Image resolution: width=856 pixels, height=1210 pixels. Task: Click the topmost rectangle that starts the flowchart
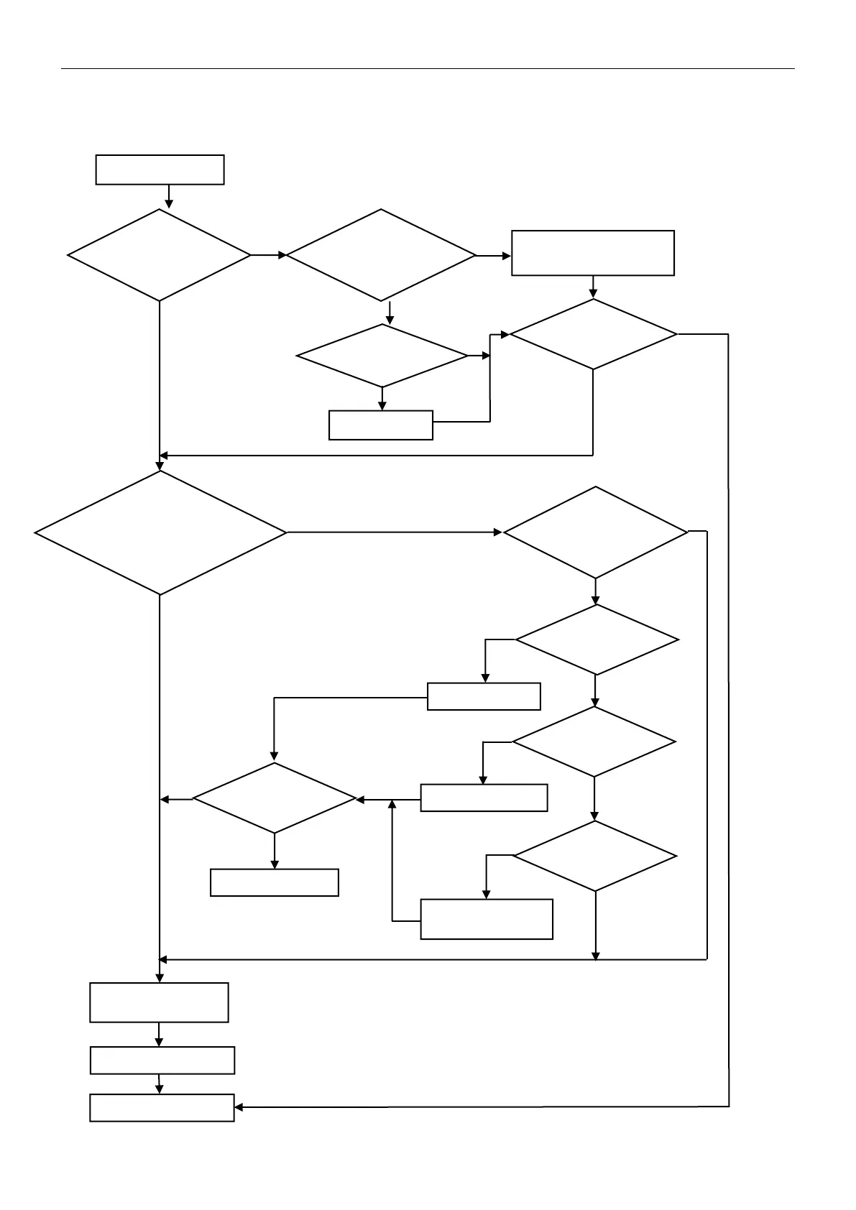coord(160,170)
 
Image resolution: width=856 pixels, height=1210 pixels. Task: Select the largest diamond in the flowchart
coord(160,533)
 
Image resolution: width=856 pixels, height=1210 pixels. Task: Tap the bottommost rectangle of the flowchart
coord(162,1107)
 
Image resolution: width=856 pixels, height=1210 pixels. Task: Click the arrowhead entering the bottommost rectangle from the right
coord(239,1107)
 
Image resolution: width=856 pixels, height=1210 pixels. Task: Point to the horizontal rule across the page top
coord(428,69)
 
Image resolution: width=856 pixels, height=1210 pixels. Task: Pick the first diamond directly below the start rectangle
coord(160,255)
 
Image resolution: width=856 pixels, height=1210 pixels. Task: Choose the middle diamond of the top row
coord(381,255)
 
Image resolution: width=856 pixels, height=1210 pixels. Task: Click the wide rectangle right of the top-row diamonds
coord(592,253)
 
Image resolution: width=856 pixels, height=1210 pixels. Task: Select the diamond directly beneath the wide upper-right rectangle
coord(593,334)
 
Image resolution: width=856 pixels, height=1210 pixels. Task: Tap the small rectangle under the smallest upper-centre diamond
coord(380,425)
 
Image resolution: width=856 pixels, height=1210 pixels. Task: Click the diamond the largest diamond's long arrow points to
coord(595,532)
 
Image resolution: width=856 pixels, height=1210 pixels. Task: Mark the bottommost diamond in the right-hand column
coord(595,856)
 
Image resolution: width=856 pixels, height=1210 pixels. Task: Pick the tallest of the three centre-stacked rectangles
coord(486,919)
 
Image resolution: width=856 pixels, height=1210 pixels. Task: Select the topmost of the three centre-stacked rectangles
coord(484,696)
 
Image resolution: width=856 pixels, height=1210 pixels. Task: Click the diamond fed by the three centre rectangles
coord(275,798)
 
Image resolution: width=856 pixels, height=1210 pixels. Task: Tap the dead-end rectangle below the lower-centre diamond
coord(274,882)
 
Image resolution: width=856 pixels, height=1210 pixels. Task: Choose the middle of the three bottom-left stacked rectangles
coord(162,1060)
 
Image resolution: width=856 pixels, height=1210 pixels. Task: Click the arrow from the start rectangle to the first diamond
coord(169,196)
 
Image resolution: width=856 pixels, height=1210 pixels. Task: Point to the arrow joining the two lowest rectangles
coord(159,1084)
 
